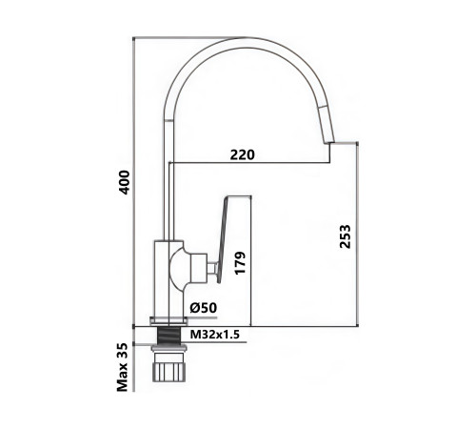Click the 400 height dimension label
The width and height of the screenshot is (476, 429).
[124, 182]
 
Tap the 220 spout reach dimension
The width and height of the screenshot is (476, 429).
[242, 154]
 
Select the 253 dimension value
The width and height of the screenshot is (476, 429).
[345, 236]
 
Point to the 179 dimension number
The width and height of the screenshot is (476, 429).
[240, 262]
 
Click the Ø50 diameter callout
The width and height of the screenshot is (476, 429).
[204, 308]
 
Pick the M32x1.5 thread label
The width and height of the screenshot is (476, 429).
[214, 335]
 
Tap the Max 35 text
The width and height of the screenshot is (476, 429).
[122, 367]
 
